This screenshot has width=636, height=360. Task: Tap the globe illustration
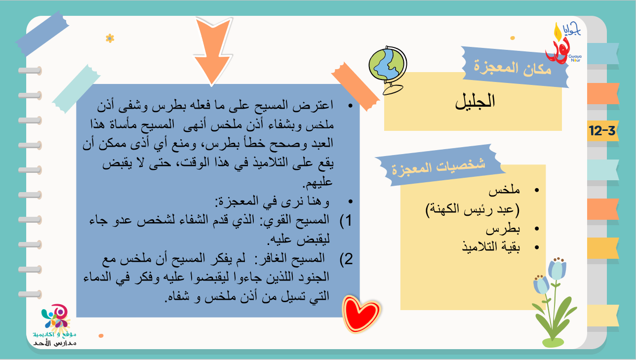pos(388,70)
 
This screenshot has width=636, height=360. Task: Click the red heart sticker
pos(361,314)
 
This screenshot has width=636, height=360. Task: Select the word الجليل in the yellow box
pos(475,101)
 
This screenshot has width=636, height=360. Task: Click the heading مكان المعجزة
pos(513,68)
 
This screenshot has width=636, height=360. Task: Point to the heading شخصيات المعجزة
pos(438,167)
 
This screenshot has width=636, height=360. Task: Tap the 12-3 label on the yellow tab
pos(602,130)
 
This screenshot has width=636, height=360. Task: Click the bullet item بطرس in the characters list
pos(503,229)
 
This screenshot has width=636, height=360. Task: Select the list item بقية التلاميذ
pos(491,246)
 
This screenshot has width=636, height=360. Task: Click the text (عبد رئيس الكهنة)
pos(473,209)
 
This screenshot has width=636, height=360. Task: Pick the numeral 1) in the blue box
pos(346,220)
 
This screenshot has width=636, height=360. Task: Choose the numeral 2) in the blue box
pos(346,259)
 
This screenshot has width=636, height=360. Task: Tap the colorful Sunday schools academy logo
pos(55,325)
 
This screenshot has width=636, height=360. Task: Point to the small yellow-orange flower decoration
pos(110,38)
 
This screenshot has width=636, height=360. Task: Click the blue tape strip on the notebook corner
pos(42,34)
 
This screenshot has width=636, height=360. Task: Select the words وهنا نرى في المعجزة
pos(273,201)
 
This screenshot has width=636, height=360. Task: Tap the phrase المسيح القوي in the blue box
pos(296,220)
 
